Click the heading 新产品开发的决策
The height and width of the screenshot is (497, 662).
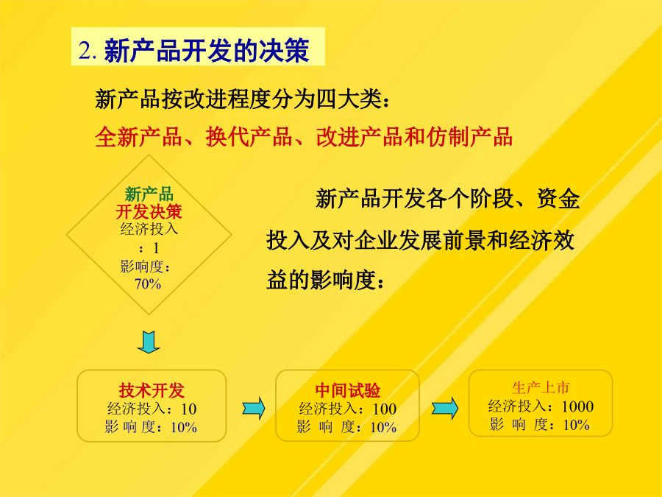point(207,50)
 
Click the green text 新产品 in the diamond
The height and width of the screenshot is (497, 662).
point(149,194)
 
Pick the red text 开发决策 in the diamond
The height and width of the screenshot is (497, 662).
point(149,211)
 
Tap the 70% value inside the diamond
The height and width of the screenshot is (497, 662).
point(148,283)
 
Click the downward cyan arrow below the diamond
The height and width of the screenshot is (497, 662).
point(149,342)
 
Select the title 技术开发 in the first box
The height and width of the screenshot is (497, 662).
point(152,390)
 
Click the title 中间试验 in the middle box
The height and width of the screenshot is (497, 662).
point(347,390)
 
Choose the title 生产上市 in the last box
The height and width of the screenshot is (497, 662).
point(541,387)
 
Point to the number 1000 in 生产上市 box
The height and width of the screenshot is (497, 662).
point(577,406)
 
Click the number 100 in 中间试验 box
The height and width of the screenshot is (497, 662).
point(384,409)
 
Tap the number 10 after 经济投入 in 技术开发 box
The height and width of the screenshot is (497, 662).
point(189,409)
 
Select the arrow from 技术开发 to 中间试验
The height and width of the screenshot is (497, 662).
point(254,408)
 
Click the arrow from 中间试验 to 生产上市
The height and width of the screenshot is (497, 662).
point(445,408)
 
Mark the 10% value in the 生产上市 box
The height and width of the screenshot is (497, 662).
point(576,424)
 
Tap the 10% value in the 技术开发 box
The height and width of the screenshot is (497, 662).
point(184,427)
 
